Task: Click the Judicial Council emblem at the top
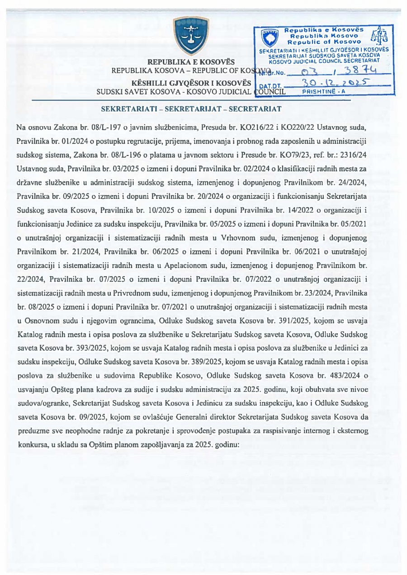[x=192, y=36]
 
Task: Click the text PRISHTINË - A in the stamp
[x=323, y=91]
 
